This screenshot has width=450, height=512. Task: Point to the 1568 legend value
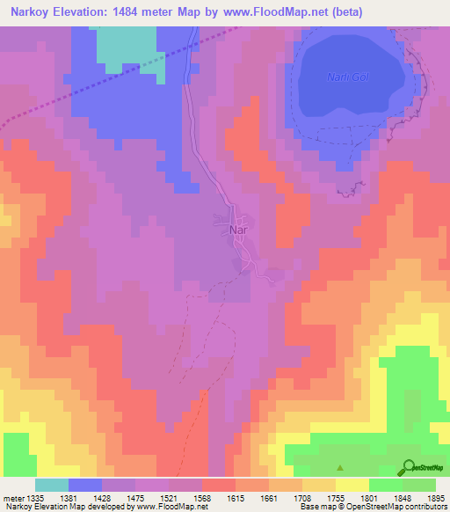click(x=201, y=498)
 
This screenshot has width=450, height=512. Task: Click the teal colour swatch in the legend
click(x=52, y=485)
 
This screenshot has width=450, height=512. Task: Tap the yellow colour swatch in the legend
click(x=351, y=485)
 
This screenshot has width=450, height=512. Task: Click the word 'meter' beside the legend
click(x=15, y=498)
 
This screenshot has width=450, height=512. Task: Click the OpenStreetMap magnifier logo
click(x=407, y=467)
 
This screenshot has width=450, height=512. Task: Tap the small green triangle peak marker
click(x=340, y=468)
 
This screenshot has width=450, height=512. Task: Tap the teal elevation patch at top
click(x=127, y=44)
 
